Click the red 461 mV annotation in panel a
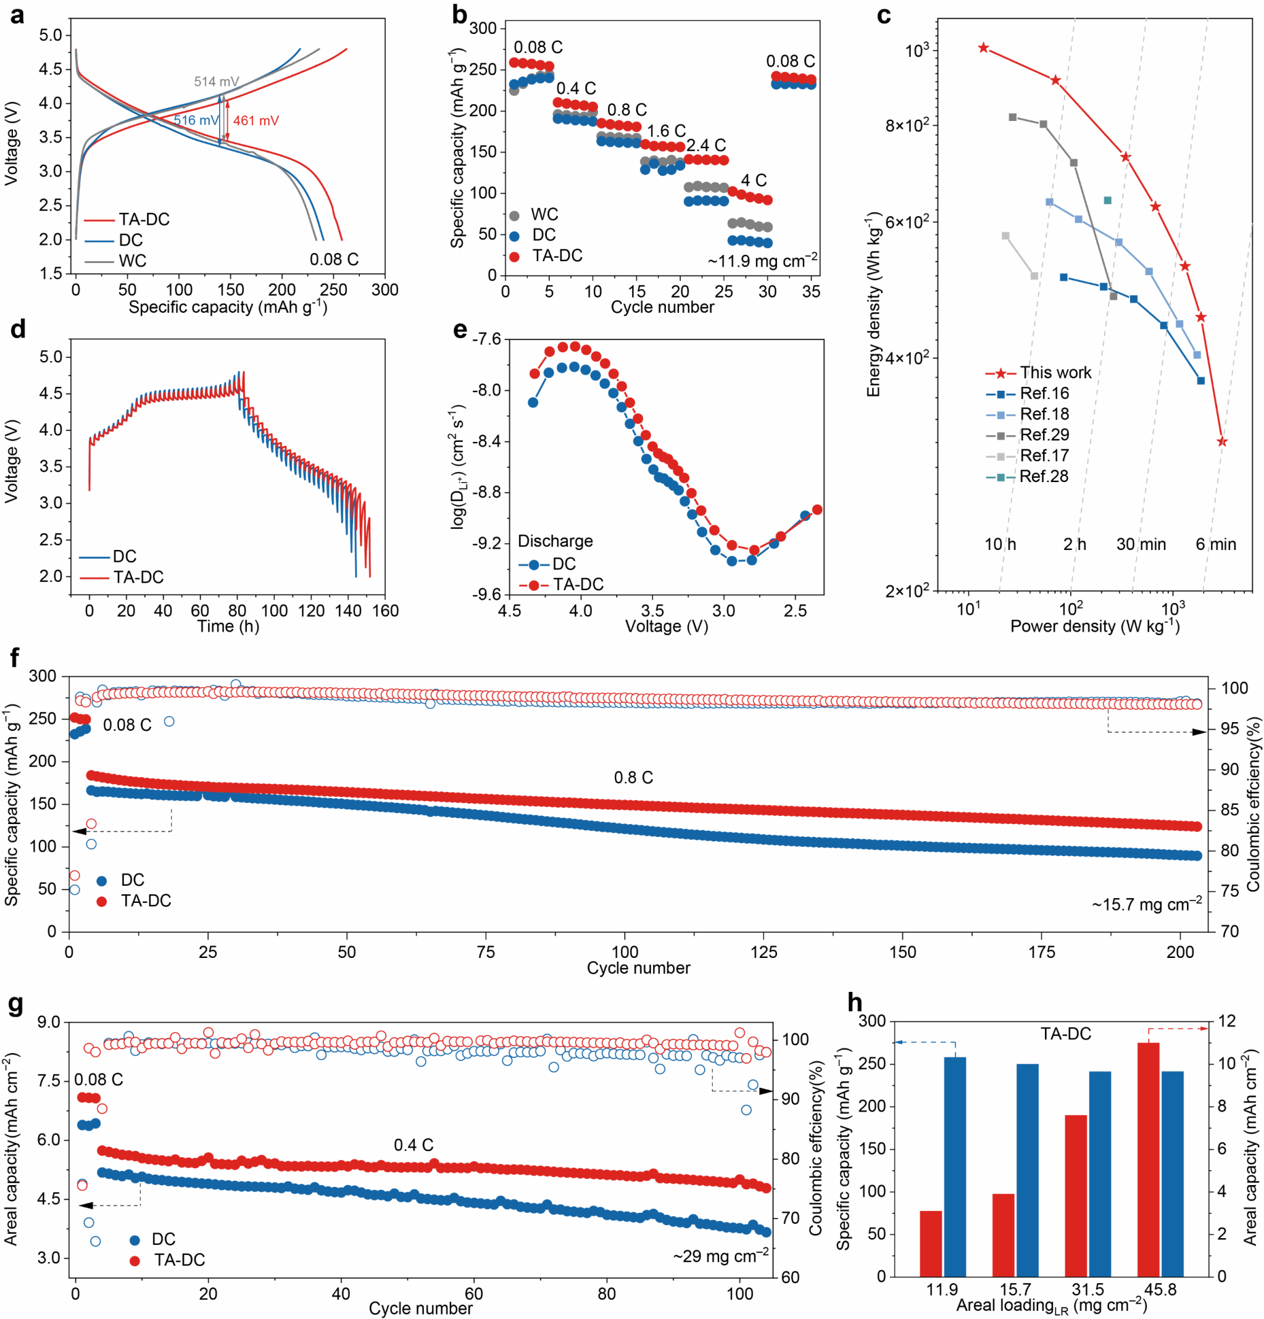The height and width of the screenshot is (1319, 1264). point(256,121)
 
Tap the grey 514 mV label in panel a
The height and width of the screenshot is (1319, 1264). point(216,81)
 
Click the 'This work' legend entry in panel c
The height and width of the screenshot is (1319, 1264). point(1055,373)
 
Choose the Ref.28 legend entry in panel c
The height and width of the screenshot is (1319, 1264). point(1043,476)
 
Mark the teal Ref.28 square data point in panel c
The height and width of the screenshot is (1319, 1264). point(1107,201)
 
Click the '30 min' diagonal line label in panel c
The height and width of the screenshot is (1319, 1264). point(1141,544)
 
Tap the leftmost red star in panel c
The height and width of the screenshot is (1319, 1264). point(983,48)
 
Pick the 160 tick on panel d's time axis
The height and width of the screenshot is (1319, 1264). point(385,610)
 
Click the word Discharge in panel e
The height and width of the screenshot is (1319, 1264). point(555,541)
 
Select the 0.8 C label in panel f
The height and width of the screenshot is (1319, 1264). point(633,777)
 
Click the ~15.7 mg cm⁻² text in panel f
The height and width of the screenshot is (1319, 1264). point(1146,904)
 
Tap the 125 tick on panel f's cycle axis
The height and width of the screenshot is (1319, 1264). point(763,952)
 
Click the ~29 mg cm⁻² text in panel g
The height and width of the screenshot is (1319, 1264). point(720,1256)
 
